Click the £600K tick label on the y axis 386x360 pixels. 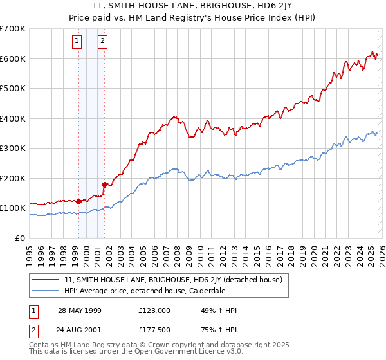coord(13,59)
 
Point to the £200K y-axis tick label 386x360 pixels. coord(13,178)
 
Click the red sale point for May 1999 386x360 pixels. coord(78,201)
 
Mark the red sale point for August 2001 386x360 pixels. coord(104,185)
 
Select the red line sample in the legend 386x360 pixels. coord(46,280)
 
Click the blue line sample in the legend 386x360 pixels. coord(46,291)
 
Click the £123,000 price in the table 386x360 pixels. coord(154,310)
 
